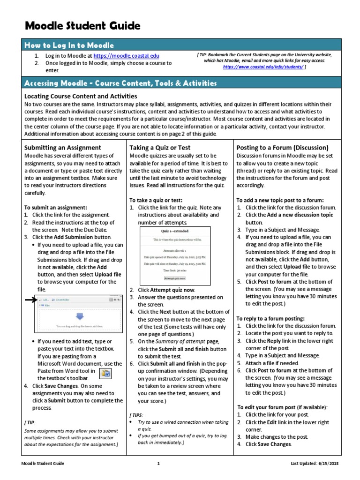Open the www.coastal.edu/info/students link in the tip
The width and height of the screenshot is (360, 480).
pos(263,67)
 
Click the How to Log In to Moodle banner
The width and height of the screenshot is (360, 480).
pos(69,45)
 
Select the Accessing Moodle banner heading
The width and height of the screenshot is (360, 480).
pos(120,83)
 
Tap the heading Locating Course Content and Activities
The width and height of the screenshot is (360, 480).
pos(80,96)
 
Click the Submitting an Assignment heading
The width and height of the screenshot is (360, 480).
pos(63,147)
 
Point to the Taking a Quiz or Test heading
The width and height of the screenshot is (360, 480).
pos(160,147)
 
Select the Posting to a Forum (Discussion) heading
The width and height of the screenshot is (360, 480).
pos(282,147)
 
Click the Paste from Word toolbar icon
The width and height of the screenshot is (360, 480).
pos(105,373)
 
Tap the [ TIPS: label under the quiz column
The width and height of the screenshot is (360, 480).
pos(137,415)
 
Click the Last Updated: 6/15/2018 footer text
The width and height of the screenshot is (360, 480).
pos(315,464)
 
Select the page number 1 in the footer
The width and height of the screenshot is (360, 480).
pos(158,464)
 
